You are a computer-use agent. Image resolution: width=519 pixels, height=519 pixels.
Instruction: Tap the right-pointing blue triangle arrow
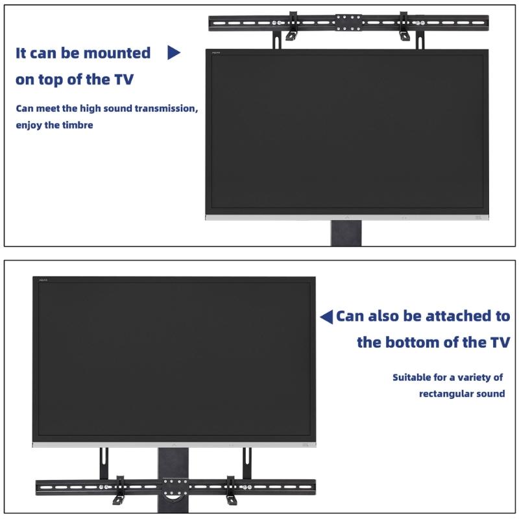[x=173, y=53]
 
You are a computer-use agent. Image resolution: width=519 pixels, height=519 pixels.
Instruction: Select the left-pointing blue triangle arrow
[x=326, y=317]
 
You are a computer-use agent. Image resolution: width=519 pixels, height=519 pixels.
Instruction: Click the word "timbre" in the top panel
[x=78, y=125]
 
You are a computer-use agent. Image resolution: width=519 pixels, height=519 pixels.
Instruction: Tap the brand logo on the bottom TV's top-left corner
[x=45, y=280]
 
